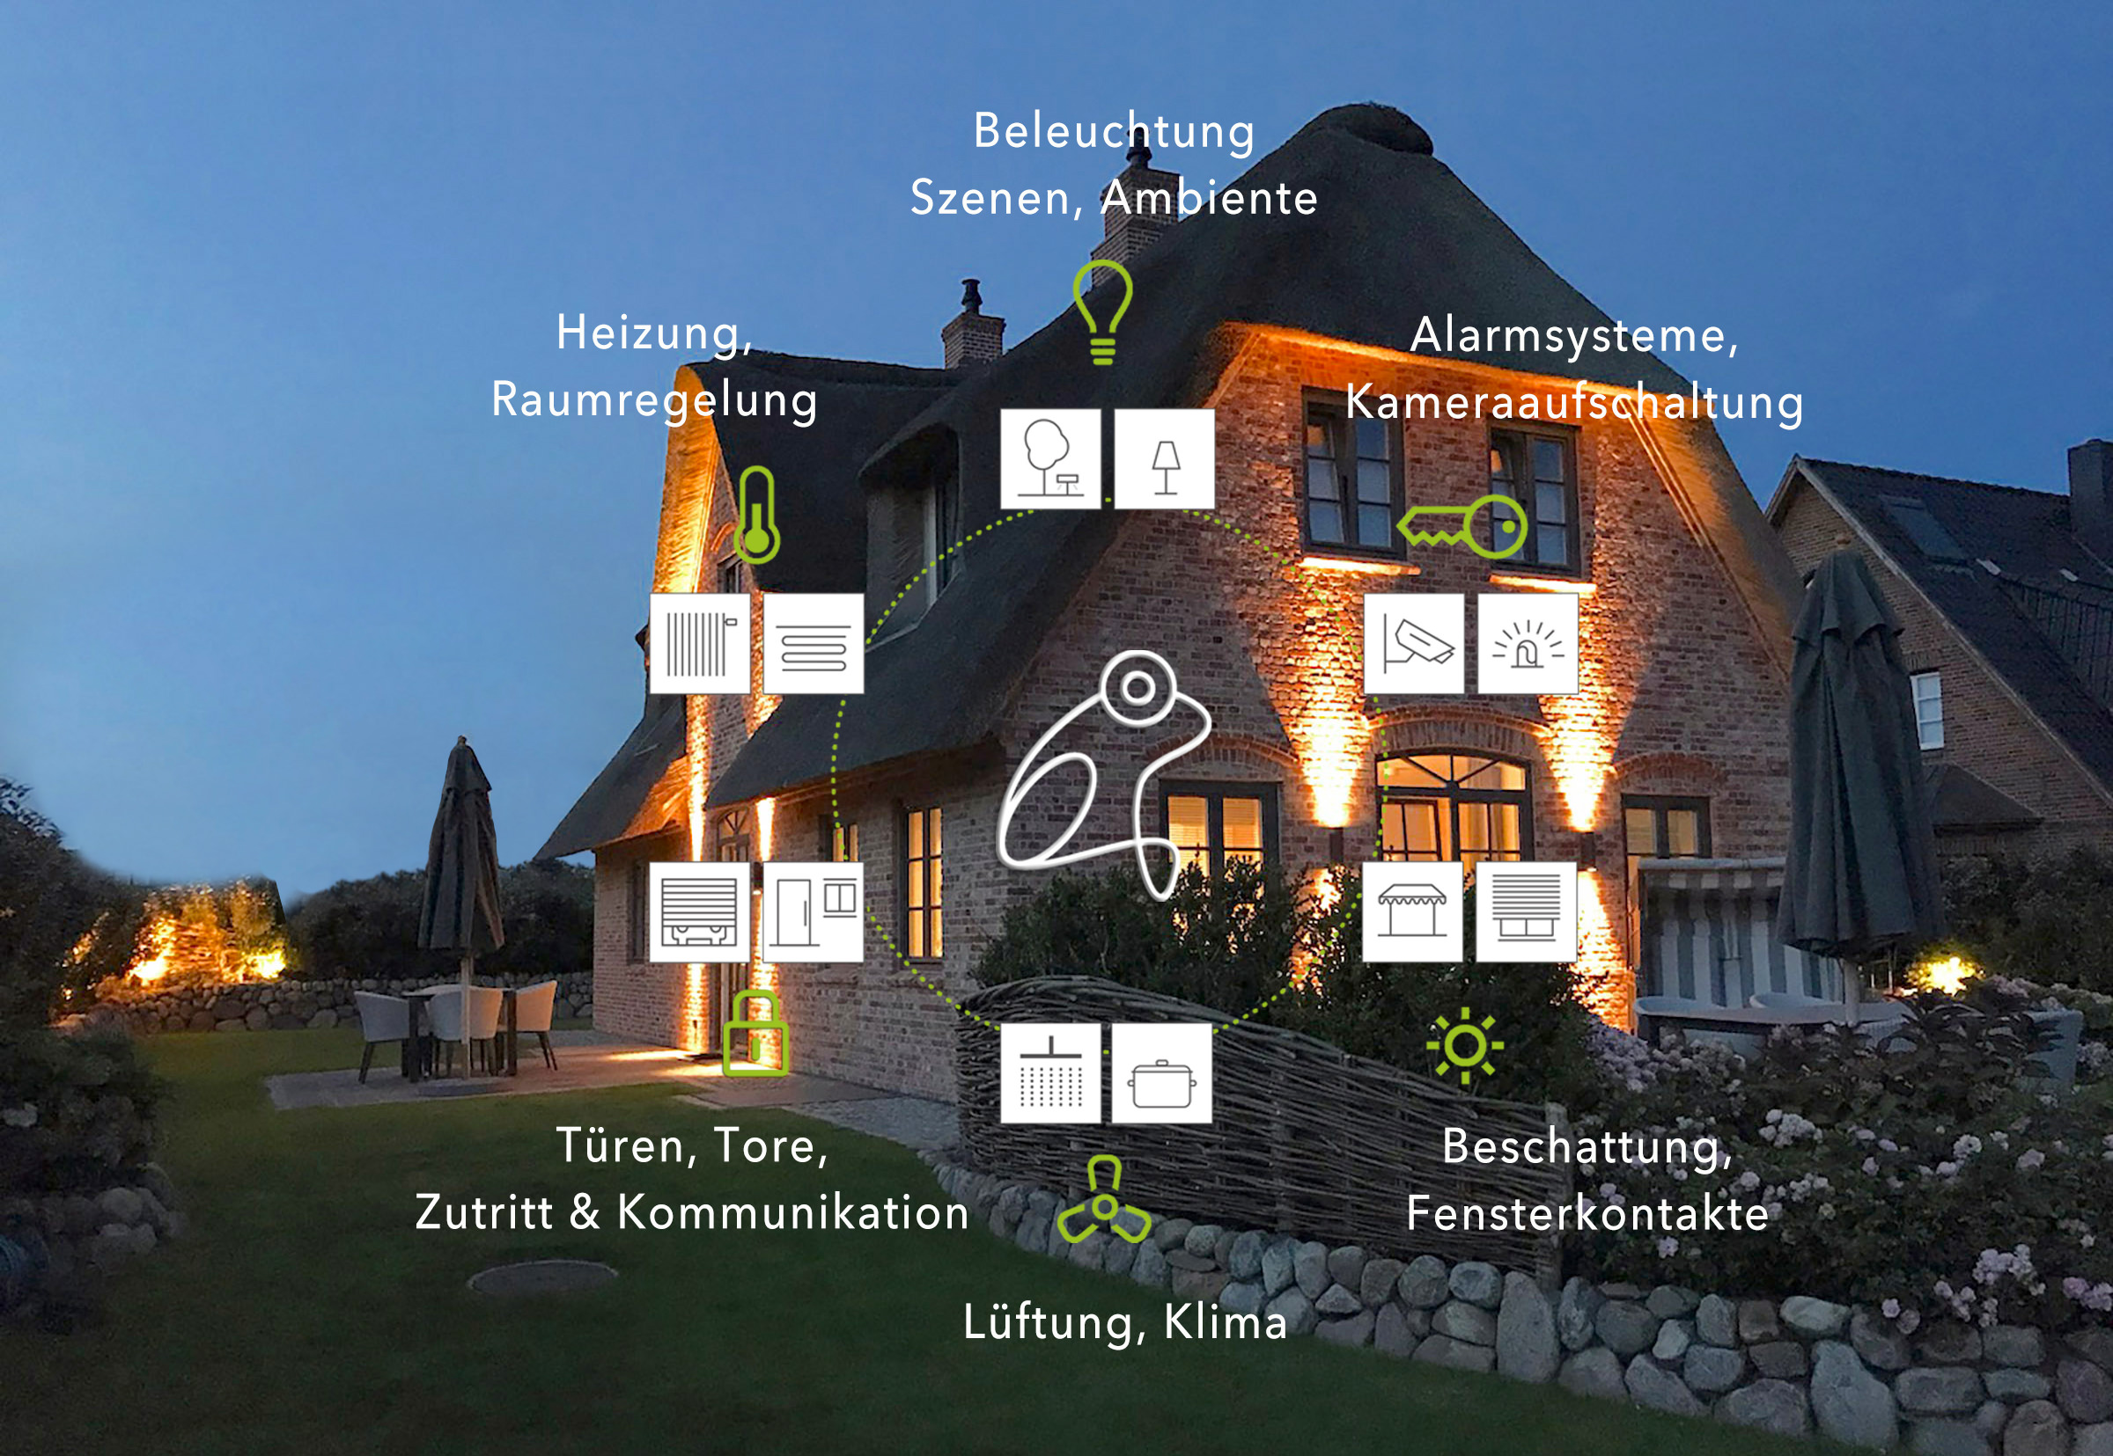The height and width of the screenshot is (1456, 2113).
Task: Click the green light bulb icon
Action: click(x=1102, y=311)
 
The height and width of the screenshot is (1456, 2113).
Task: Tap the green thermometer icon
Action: click(x=756, y=516)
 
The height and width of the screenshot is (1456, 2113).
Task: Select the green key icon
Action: click(x=1463, y=526)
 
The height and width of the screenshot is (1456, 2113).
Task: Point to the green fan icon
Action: click(x=1104, y=1202)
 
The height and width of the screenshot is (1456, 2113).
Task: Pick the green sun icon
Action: click(x=1465, y=1045)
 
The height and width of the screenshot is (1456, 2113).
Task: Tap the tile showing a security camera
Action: click(x=1414, y=644)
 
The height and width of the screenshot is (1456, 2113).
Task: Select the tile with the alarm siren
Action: click(x=1528, y=644)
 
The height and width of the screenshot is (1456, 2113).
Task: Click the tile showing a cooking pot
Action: click(x=1162, y=1072)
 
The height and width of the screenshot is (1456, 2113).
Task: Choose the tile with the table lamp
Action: click(x=1165, y=459)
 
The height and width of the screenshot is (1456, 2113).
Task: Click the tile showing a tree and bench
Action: click(x=1050, y=459)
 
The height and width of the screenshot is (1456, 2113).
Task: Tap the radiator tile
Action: click(x=700, y=644)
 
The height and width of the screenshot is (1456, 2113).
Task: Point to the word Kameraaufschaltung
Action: click(x=1574, y=403)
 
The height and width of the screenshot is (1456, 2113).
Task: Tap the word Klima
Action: click(x=1225, y=1322)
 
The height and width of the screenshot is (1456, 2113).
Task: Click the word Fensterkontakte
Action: click(x=1587, y=1214)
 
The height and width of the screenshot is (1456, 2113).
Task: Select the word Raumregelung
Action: click(x=654, y=400)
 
